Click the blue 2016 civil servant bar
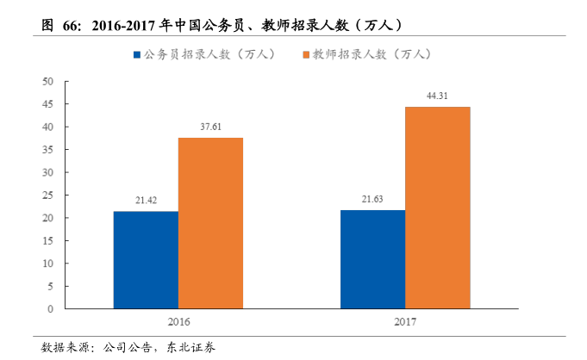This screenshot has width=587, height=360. point(146,259)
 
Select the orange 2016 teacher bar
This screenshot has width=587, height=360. point(210,223)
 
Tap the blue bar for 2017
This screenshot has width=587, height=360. point(372,258)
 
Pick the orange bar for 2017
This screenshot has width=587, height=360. point(437,208)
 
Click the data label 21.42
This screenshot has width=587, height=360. point(146,201)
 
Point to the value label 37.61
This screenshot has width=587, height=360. point(210,127)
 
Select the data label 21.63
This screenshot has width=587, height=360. point(372,199)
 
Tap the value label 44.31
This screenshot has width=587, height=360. point(437,96)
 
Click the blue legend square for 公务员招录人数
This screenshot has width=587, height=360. point(136,55)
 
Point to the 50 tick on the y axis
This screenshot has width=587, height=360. point(48,82)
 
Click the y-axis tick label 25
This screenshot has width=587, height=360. point(48,195)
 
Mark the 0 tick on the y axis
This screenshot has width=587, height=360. point(51,308)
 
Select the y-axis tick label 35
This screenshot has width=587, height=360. point(48,150)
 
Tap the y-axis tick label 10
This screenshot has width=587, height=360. point(48,263)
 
